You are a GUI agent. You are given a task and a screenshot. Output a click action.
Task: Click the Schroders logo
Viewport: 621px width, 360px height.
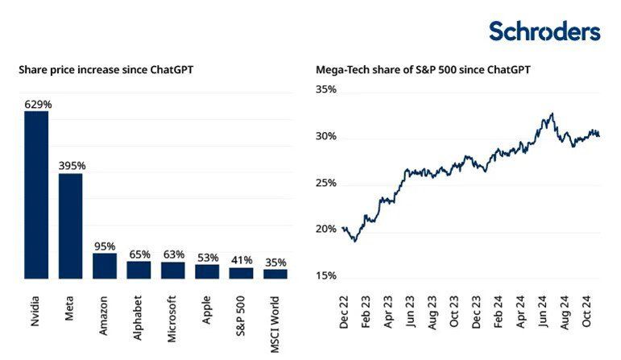(544, 31)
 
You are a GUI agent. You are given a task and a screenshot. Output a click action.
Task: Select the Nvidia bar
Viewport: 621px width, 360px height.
(36, 195)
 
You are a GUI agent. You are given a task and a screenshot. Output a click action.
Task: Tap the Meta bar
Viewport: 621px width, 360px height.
(70, 226)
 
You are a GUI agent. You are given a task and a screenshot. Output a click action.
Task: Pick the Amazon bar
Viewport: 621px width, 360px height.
(105, 266)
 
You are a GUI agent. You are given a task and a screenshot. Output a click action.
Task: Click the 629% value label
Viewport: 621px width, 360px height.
(36, 104)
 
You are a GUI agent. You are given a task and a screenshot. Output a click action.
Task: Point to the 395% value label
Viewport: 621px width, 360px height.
(71, 166)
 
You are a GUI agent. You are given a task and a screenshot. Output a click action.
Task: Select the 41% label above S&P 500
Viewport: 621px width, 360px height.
(241, 260)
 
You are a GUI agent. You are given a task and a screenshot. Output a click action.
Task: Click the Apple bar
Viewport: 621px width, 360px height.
(207, 271)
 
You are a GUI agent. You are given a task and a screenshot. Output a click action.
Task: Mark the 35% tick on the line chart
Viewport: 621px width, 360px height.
(325, 90)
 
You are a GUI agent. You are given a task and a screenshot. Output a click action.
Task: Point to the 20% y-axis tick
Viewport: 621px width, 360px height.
(325, 230)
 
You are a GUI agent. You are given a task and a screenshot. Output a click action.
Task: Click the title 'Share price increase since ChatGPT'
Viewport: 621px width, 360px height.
(106, 70)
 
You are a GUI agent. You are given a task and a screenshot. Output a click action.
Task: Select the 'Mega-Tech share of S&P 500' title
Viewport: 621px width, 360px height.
(423, 70)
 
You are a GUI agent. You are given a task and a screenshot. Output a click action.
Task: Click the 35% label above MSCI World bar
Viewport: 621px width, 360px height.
(275, 263)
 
